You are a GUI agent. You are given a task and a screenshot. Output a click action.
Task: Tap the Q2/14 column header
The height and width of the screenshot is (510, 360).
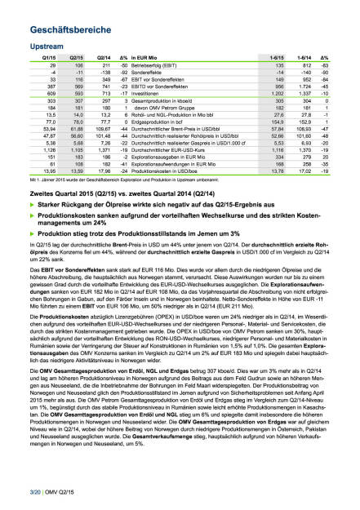tap(103, 59)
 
